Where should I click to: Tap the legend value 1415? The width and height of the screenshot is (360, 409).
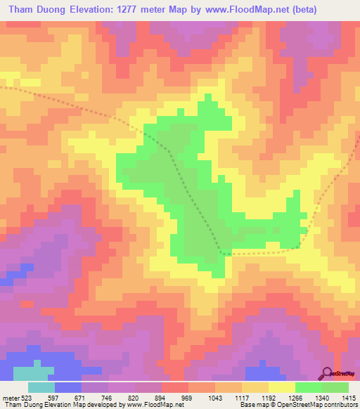click(349, 396)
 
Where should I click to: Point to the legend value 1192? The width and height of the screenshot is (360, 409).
click(269, 396)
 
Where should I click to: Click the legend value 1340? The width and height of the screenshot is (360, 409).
click(322, 396)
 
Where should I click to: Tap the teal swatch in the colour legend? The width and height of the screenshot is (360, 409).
click(41, 387)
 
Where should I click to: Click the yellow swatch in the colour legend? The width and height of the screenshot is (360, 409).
click(281, 387)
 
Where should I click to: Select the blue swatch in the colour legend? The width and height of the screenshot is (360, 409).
click(68, 387)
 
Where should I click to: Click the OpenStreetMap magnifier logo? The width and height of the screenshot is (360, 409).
click(326, 372)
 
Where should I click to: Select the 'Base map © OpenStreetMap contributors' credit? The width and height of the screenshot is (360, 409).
click(297, 404)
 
